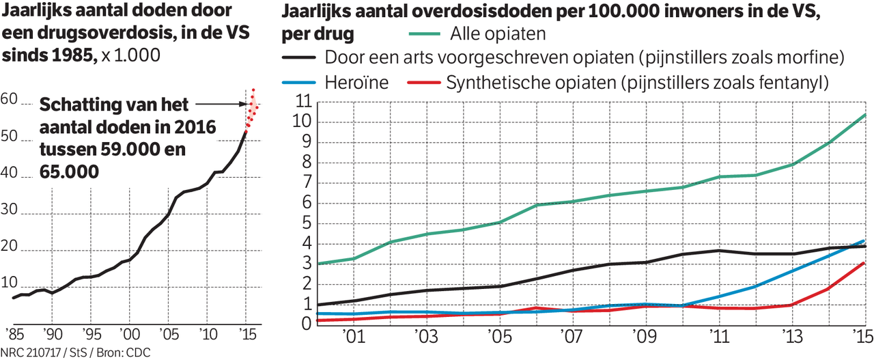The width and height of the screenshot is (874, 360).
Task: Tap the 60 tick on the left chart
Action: (x=10, y=100)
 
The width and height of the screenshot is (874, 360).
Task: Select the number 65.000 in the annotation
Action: (x=69, y=173)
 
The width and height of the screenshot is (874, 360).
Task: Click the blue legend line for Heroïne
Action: (x=298, y=83)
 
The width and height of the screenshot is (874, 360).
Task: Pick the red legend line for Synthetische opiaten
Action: (x=423, y=83)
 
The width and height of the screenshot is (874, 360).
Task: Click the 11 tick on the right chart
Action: (x=300, y=102)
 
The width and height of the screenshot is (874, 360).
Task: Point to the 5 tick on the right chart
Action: (x=305, y=223)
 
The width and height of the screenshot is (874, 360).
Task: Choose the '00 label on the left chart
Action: (x=126, y=335)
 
